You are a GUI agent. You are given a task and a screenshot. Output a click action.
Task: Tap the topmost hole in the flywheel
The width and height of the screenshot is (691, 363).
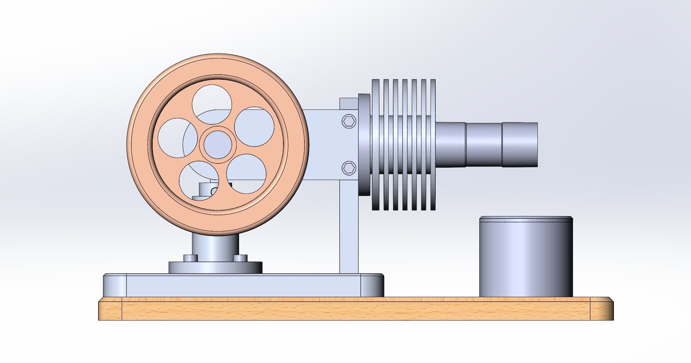coord(212,102)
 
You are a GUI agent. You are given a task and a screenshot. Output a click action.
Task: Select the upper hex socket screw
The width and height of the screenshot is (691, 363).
coord(349,121)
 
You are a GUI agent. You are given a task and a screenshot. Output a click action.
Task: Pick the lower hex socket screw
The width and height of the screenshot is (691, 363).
coord(349,168)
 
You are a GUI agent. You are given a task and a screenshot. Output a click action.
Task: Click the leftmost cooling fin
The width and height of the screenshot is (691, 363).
coord(375,144)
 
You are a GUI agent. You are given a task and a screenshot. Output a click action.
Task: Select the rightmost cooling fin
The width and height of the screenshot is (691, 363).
coord(433,144)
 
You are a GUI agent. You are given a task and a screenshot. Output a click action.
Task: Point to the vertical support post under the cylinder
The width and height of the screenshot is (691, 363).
coord(349,229)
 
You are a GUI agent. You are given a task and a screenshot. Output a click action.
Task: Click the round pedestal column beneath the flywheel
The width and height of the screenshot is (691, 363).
coord(215,248)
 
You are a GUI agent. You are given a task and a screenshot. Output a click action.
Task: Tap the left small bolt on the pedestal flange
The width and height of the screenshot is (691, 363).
coord(190,258)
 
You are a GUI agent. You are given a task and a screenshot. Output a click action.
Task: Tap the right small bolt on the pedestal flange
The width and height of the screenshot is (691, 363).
coord(240,258)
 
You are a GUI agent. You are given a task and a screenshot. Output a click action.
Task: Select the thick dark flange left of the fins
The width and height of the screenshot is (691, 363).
coord(364,144)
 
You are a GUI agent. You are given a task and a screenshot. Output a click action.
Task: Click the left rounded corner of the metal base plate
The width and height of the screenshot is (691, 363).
coord(115,285)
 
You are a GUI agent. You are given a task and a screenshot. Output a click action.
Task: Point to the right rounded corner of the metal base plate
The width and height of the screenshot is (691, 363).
coord(372,285)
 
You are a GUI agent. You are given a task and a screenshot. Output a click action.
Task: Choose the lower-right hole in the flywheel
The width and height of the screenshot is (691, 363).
coord(246,174)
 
